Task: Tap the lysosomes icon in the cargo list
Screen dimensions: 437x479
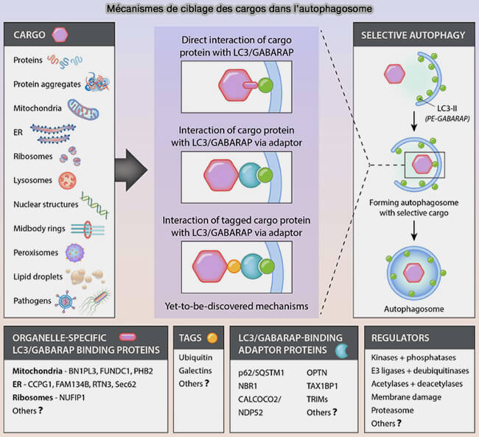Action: pyautogui.click(x=68, y=179)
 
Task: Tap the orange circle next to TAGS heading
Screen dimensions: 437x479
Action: pyautogui.click(x=212, y=338)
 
